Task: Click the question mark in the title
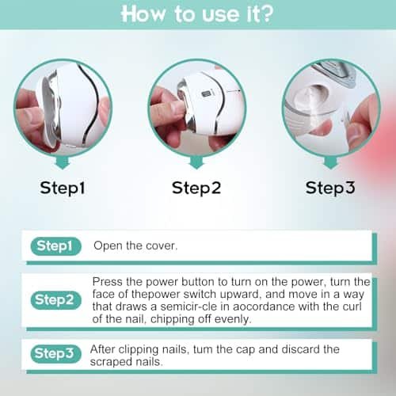(x=265, y=14)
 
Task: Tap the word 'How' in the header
(x=143, y=14)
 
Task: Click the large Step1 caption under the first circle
(x=63, y=188)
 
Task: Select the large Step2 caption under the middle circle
(x=196, y=188)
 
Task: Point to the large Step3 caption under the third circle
(x=330, y=188)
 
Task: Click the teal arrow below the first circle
(x=63, y=163)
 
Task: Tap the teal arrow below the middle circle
(x=196, y=163)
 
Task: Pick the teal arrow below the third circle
(x=331, y=163)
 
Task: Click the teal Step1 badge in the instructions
(x=55, y=246)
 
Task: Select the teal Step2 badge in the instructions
(x=55, y=300)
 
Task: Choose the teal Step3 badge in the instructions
(x=55, y=354)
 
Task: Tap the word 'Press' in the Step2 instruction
(x=108, y=282)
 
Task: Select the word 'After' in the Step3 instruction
(x=102, y=349)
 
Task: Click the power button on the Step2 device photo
(x=205, y=94)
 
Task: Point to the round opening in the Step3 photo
(x=312, y=96)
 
